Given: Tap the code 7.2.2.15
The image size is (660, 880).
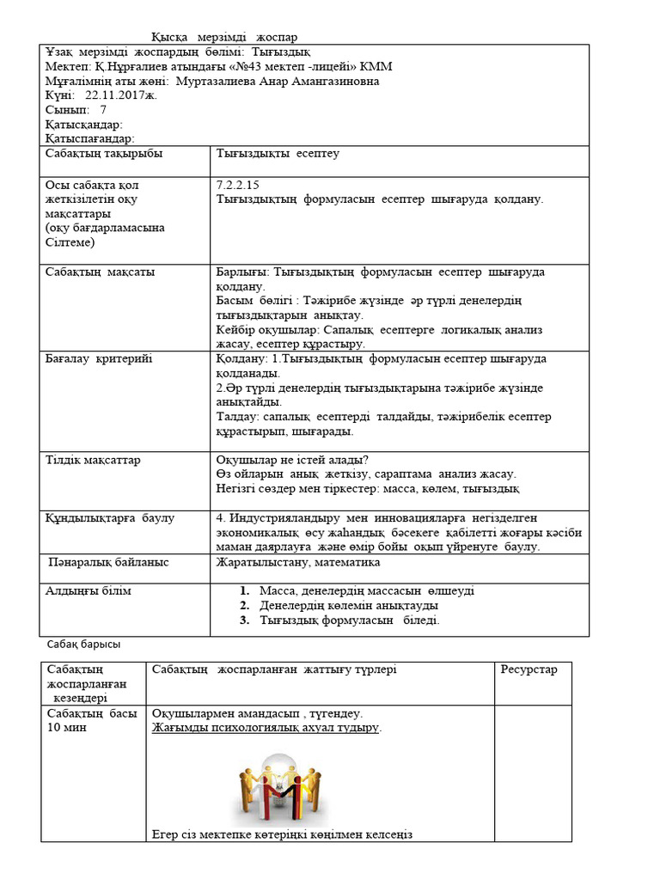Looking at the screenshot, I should pyautogui.click(x=239, y=185).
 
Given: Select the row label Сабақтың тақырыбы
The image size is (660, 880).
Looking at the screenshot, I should pyautogui.click(x=104, y=153).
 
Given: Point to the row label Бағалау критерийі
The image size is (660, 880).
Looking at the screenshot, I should pyautogui.click(x=99, y=358).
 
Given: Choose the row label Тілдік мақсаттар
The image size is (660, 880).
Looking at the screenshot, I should pyautogui.click(x=93, y=460).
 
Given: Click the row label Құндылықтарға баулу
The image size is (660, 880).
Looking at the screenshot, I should pyautogui.click(x=110, y=518).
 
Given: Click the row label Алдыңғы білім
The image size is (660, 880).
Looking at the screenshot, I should pyautogui.click(x=89, y=591).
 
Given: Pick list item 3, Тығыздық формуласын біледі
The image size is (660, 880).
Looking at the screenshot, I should pyautogui.click(x=349, y=620).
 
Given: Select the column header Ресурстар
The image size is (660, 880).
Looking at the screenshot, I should pyautogui.click(x=529, y=669).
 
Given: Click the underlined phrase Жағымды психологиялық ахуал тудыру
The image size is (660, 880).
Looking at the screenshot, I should pyautogui.click(x=266, y=728).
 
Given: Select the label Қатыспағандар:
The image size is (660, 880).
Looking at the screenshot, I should pyautogui.click(x=90, y=138).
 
